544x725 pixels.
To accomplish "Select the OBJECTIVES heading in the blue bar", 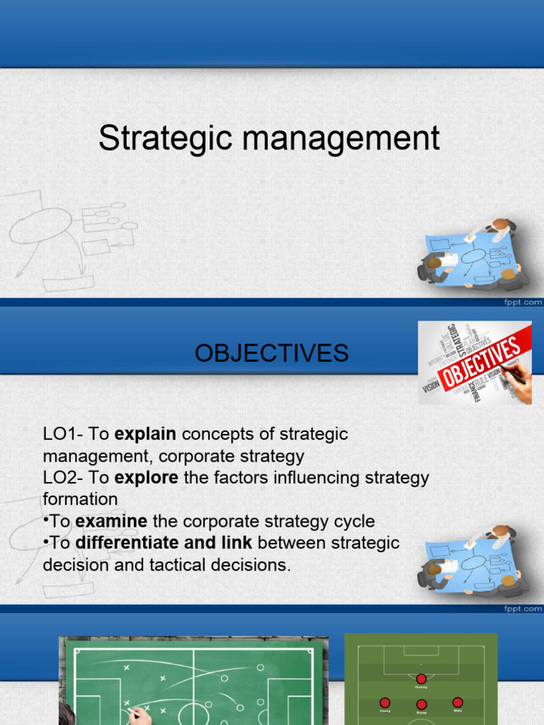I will [x=272, y=353].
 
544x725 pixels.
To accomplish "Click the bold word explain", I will [x=145, y=434].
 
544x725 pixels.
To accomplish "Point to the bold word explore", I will [x=147, y=478].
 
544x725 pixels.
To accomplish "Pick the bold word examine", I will [x=111, y=522].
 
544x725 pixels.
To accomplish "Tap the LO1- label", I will [x=64, y=434].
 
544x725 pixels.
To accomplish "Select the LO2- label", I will [x=64, y=478].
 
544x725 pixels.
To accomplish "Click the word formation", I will [x=80, y=500].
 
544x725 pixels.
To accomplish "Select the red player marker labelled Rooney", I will [x=421, y=679].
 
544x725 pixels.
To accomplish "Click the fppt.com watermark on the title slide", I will [x=523, y=302].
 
